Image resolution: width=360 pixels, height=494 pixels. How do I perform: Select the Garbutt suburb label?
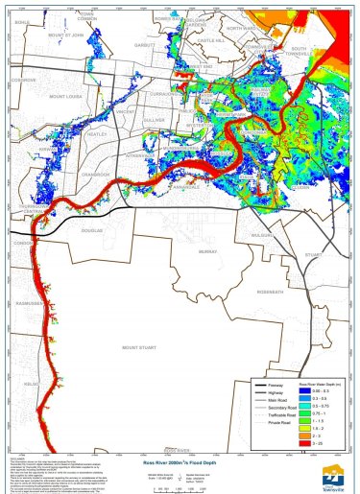(145, 44)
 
